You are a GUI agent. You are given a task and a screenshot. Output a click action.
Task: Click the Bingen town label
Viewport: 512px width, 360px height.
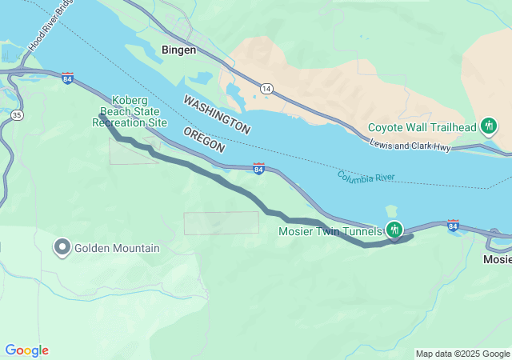click(178, 50)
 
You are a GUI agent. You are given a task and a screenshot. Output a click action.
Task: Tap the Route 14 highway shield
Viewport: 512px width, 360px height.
click(265, 87)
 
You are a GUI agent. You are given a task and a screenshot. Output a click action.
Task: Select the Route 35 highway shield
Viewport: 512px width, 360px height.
click(17, 115)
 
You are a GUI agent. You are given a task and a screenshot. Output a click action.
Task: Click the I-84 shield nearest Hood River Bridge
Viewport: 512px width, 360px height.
click(67, 78)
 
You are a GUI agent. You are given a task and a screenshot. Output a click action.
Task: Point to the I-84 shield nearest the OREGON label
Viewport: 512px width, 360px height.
click(258, 168)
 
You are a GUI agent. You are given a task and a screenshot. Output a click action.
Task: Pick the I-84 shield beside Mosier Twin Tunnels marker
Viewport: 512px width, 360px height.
click(453, 224)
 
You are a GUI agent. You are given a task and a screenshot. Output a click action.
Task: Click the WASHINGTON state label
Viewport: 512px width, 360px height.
click(216, 114)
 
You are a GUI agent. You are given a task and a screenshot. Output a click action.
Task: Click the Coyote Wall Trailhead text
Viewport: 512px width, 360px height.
click(422, 127)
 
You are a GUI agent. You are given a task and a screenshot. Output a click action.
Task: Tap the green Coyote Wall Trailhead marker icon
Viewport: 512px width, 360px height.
click(488, 126)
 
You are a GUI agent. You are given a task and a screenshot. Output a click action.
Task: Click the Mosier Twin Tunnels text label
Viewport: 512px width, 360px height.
click(330, 231)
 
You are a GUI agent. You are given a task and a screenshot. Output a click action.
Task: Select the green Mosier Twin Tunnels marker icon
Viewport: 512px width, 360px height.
click(394, 230)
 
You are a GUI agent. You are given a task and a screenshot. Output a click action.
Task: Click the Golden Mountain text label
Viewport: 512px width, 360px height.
click(117, 248)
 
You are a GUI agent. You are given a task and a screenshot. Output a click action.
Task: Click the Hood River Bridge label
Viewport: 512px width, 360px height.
click(48, 32)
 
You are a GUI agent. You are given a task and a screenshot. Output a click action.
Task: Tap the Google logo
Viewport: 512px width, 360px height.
click(26, 350)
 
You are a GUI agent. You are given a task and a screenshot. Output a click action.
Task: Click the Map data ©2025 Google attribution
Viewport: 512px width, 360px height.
click(462, 354)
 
